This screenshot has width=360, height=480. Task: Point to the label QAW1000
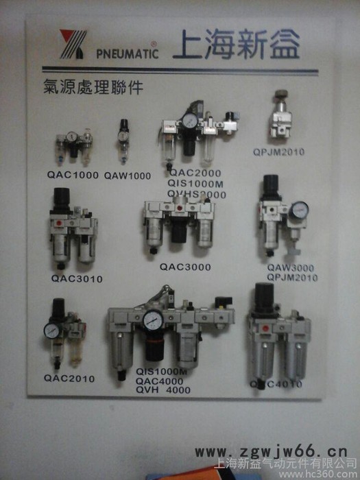128,176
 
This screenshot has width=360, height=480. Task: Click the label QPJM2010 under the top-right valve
279,151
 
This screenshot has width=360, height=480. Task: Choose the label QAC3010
77,279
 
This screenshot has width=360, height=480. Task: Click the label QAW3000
291,268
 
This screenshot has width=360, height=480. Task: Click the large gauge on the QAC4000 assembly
155,320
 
